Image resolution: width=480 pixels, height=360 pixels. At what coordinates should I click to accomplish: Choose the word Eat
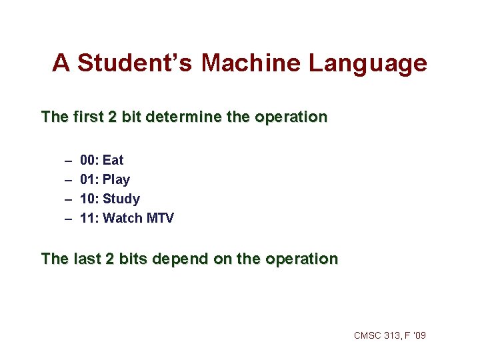coord(113,160)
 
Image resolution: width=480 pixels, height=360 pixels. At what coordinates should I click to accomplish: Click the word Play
coord(117,179)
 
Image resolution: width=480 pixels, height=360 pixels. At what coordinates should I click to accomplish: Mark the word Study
coord(122,199)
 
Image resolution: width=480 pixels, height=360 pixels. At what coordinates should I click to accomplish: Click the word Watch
coord(123,218)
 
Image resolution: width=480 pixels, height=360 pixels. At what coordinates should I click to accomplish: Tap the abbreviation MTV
coord(160,218)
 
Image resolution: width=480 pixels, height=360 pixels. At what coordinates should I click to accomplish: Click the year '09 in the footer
coord(419,335)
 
